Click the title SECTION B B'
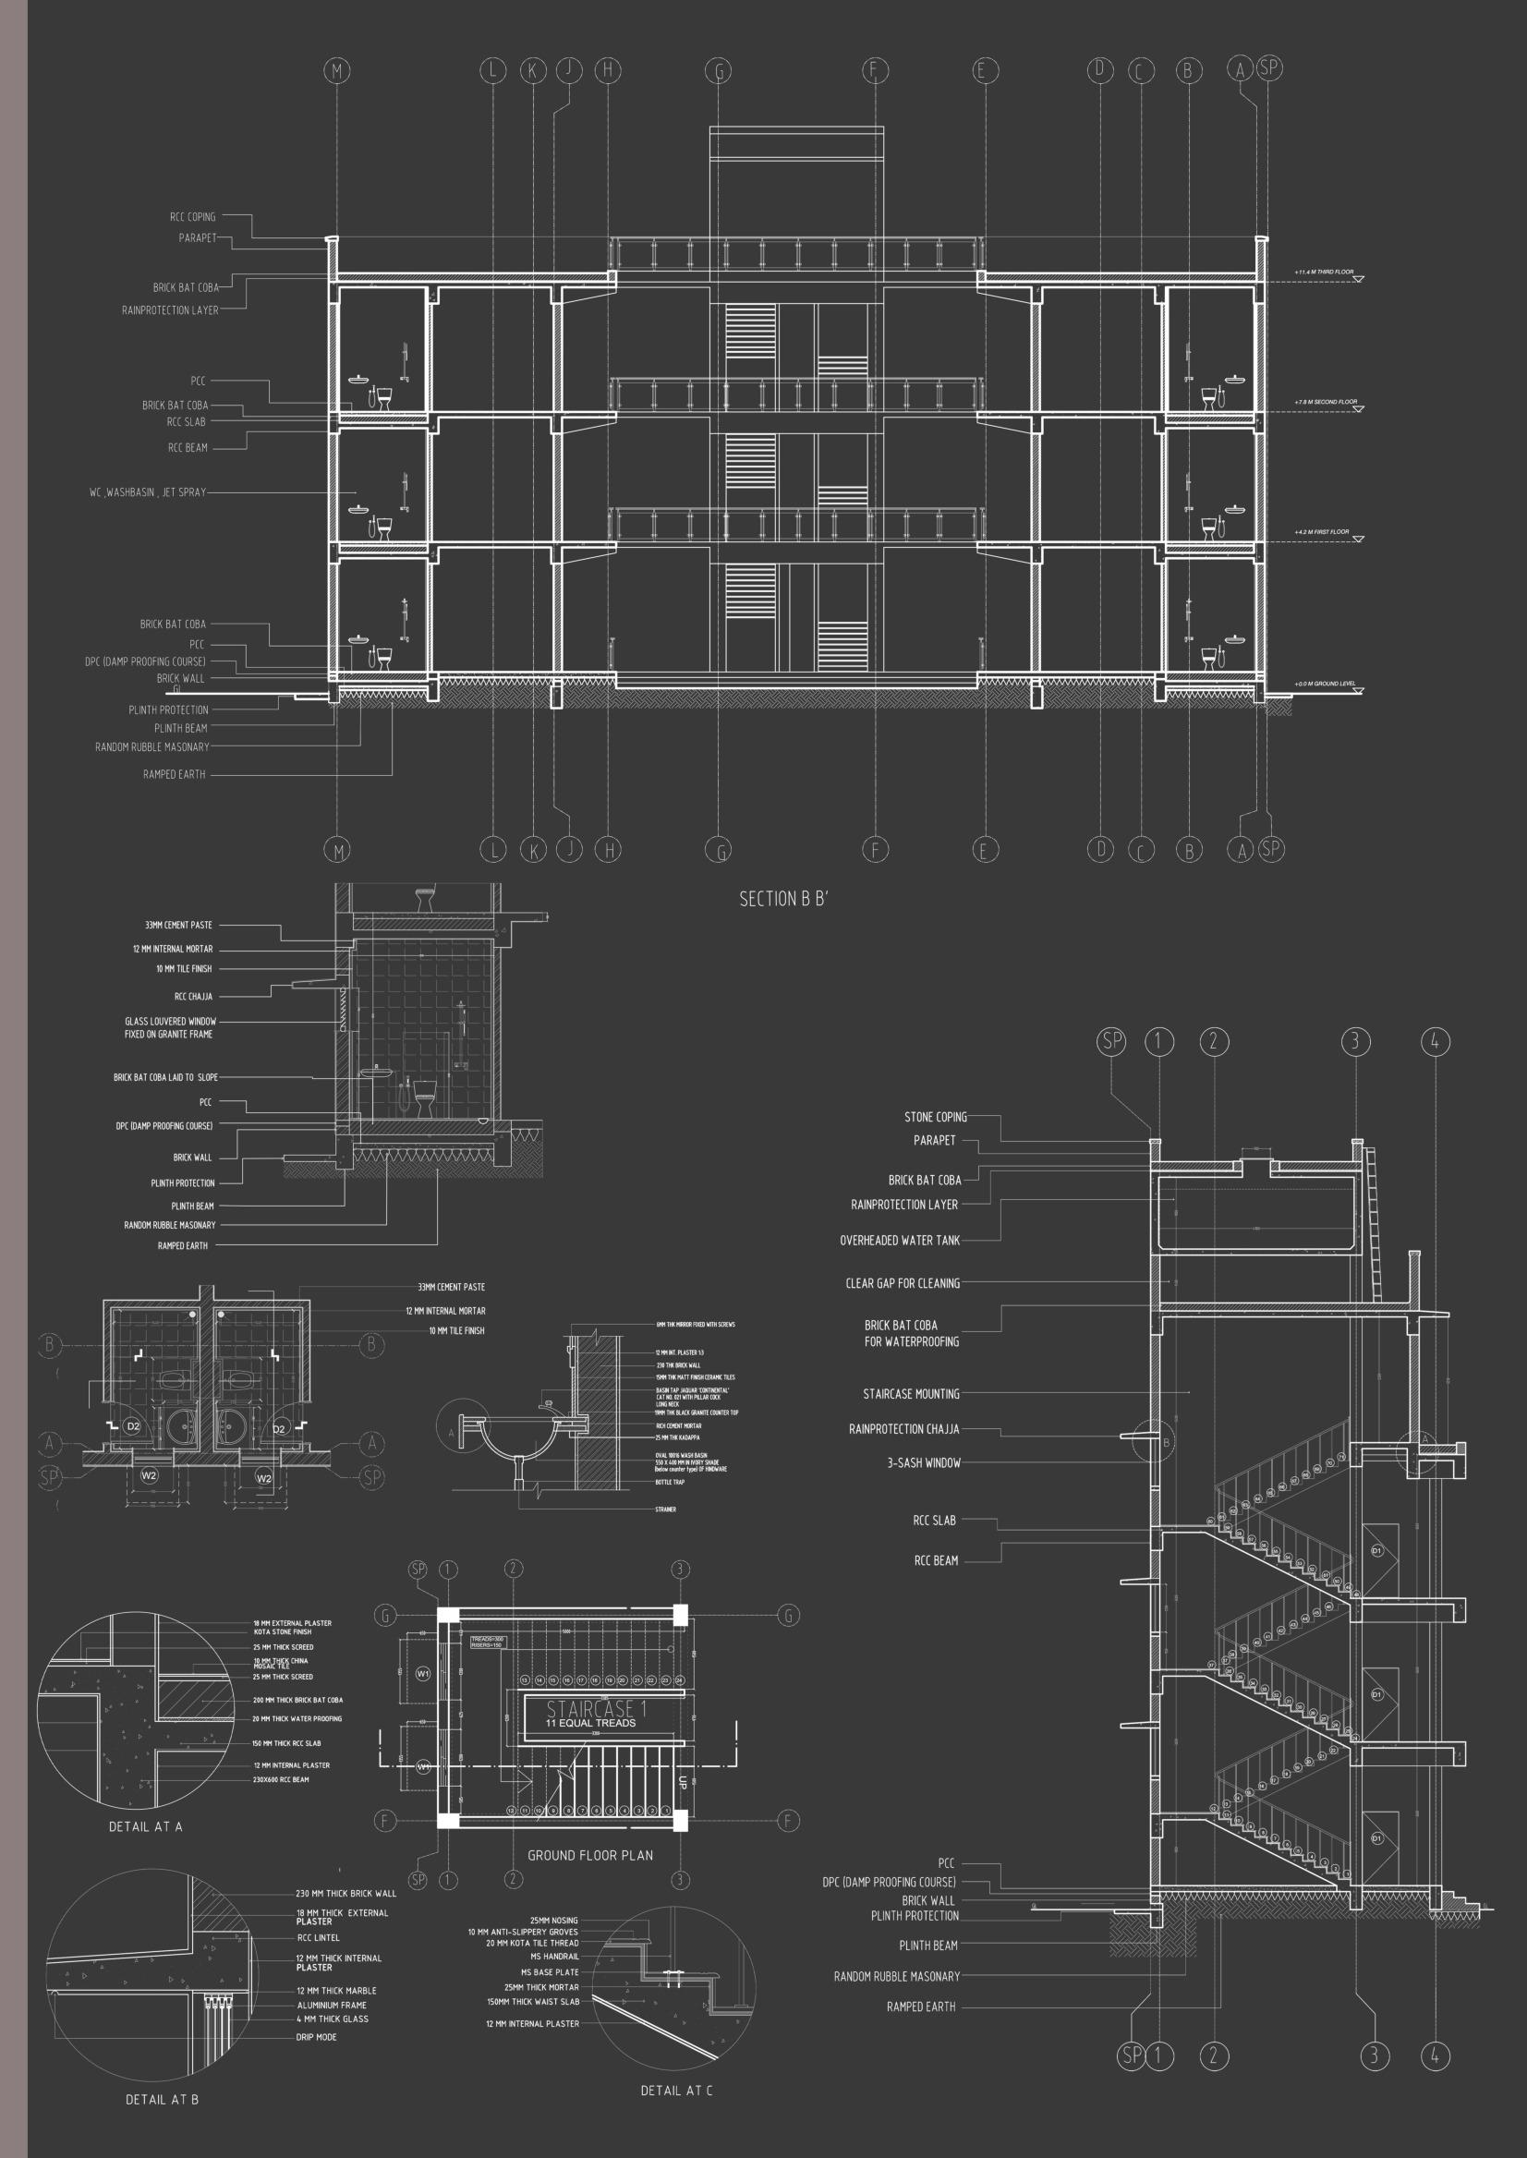click(x=782, y=899)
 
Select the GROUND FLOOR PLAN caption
click(x=589, y=1855)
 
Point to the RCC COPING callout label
click(x=193, y=217)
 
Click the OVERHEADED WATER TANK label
click(x=900, y=1241)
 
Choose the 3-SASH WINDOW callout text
click(x=924, y=1462)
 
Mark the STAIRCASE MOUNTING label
click(x=911, y=1393)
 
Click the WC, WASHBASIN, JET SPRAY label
click(x=148, y=491)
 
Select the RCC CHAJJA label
click(x=194, y=996)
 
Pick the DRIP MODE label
click(x=317, y=2037)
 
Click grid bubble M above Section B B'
click(x=336, y=70)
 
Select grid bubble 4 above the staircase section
click(x=1436, y=1041)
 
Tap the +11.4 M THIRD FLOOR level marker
click(x=1324, y=272)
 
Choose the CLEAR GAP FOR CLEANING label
click(x=902, y=1282)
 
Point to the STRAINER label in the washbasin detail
click(x=666, y=1509)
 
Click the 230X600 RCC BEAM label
click(x=281, y=1779)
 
